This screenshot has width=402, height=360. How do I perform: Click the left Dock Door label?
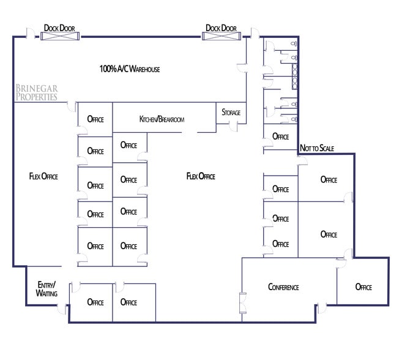tap(59, 28)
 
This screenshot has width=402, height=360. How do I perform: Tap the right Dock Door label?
tap(221, 28)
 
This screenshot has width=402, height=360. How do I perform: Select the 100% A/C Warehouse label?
tap(130, 69)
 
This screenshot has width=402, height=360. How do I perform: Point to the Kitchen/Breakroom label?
tap(162, 119)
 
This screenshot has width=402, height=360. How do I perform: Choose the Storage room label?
tap(231, 113)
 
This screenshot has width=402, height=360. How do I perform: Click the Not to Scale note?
tap(317, 149)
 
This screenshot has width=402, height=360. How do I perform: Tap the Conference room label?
tap(283, 287)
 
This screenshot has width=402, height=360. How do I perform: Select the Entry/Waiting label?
tap(47, 289)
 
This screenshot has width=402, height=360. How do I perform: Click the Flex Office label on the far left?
tap(43, 176)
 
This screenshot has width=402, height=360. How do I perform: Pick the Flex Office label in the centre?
tap(201, 176)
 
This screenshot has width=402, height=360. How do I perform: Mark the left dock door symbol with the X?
tap(59, 36)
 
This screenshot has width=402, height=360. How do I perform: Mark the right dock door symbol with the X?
tap(221, 36)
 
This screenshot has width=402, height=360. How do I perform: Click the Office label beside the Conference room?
tap(363, 287)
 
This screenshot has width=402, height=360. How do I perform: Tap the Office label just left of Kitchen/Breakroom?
tap(95, 118)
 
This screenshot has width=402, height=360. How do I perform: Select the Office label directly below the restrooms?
tap(280, 137)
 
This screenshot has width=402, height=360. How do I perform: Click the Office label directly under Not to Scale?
tap(329, 179)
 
